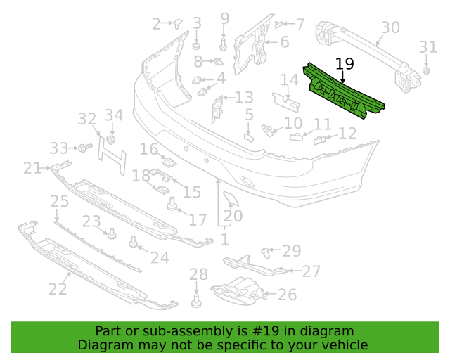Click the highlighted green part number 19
343,92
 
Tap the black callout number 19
345,64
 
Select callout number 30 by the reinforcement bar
390,27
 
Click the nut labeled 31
426,70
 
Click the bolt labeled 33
85,148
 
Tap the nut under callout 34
111,139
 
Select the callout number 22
58,289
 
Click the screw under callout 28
196,301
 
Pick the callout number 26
287,295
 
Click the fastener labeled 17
172,203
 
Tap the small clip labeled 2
177,23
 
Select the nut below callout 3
196,46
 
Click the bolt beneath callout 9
224,45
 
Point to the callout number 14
289,79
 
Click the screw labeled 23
112,233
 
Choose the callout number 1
225,240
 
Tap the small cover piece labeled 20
231,199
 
